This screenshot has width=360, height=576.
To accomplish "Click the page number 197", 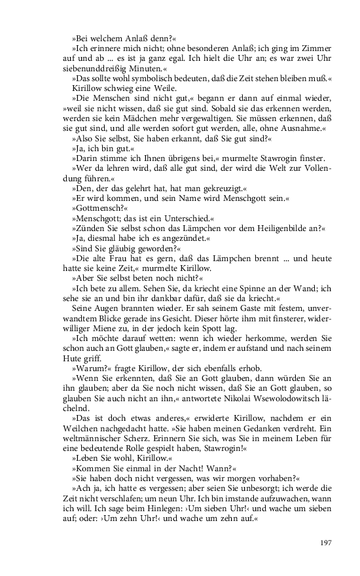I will [x=328, y=543].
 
